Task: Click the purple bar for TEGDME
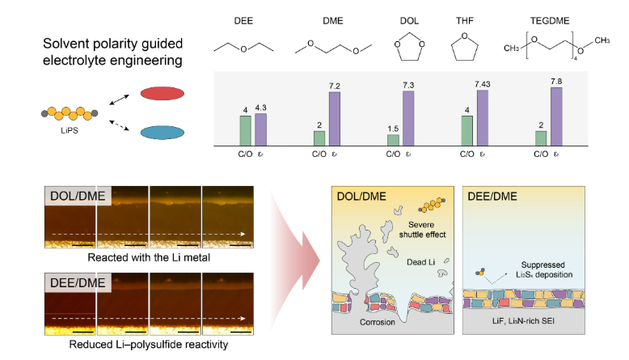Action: click(555, 116)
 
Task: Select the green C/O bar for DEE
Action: click(245, 130)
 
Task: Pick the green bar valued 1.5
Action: click(393, 140)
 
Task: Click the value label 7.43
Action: click(483, 84)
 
